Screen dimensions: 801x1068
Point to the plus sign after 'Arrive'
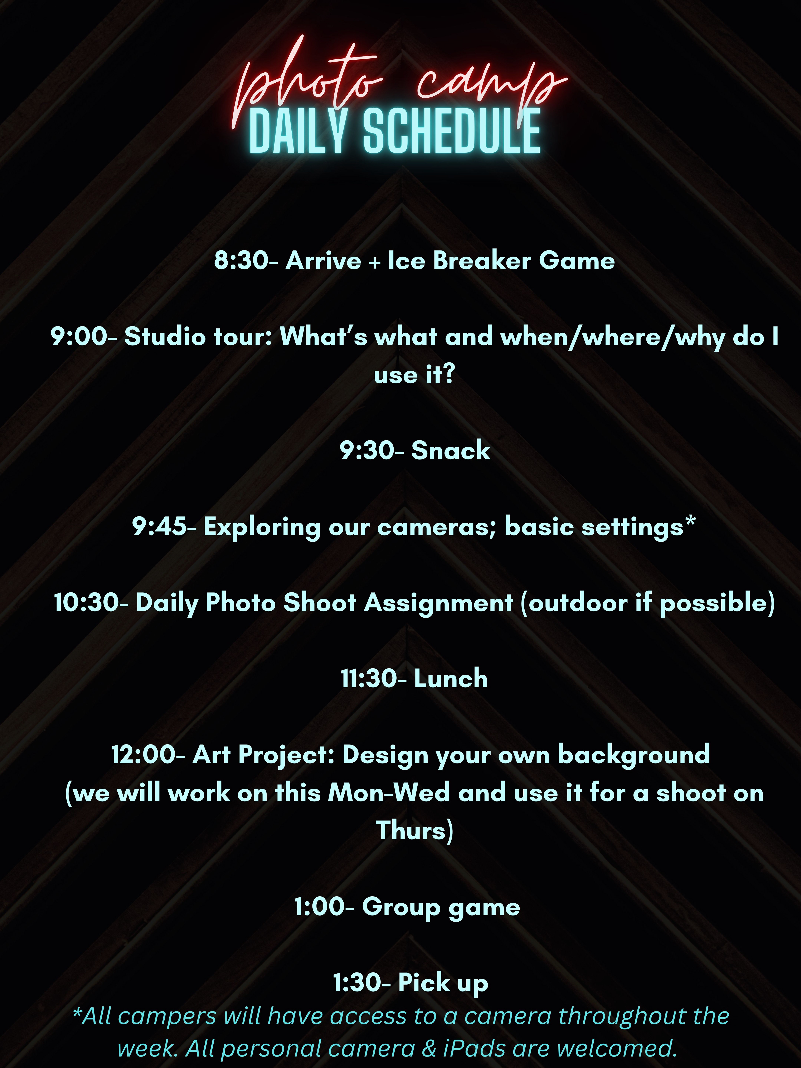374,263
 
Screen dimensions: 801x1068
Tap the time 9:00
79,336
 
